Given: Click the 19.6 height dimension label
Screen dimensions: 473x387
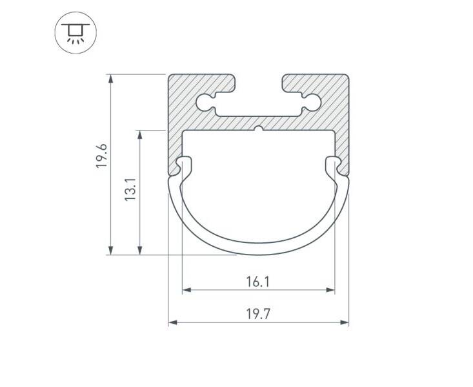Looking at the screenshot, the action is [x=101, y=156].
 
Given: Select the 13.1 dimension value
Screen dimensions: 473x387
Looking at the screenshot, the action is [x=130, y=189].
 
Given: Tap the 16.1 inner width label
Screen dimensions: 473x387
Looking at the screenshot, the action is [x=258, y=282].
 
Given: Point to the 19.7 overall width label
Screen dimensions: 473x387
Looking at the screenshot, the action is [x=258, y=314].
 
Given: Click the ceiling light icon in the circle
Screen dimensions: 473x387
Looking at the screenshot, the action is [x=75, y=33].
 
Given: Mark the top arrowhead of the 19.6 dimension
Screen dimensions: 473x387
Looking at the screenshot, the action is [x=111, y=79].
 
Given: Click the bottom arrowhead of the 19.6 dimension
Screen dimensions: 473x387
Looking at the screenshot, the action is [x=111, y=251].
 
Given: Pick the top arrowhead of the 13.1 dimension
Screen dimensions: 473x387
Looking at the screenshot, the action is [x=139, y=134].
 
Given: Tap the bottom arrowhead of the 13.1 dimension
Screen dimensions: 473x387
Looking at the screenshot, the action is [x=139, y=251].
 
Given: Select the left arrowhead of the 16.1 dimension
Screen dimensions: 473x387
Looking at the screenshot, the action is [x=186, y=290].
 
